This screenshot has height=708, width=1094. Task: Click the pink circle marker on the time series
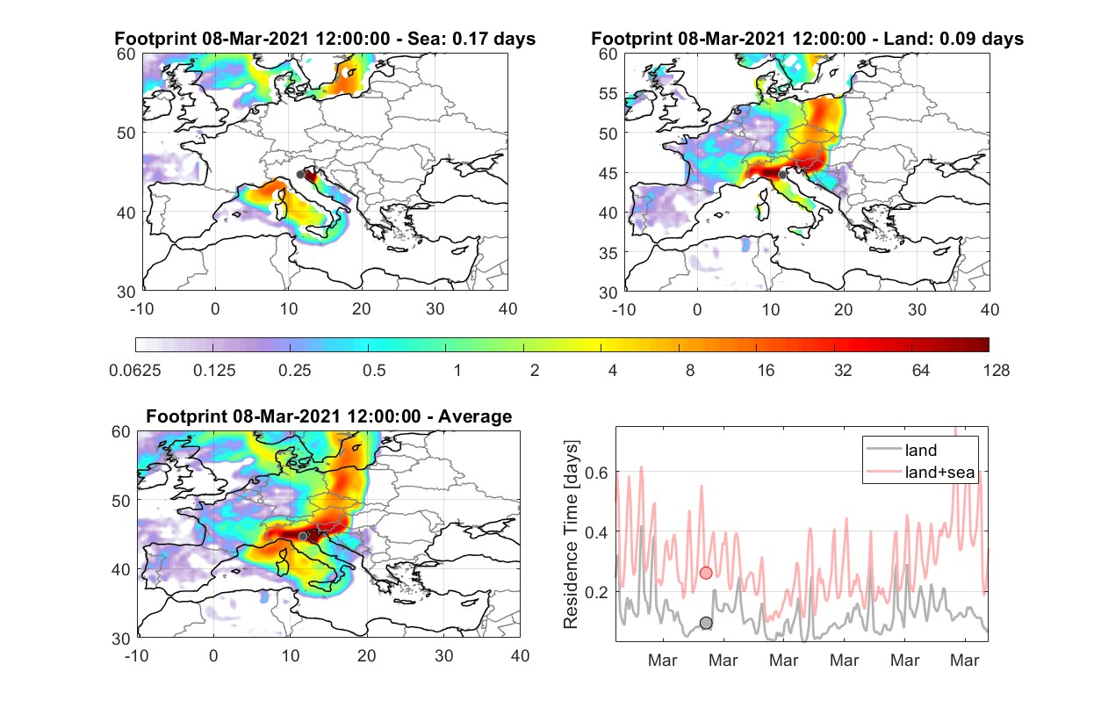pos(706,573)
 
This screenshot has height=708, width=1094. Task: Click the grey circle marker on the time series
pos(706,623)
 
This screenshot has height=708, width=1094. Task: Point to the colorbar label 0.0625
pos(135,371)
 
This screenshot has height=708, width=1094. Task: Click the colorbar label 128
pos(996,371)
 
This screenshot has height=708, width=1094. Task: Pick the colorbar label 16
pos(766,371)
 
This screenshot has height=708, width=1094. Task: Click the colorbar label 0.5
pos(374,371)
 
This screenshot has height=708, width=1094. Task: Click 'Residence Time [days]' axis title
pos(570,534)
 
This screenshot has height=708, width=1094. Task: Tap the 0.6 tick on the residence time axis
pos(596,473)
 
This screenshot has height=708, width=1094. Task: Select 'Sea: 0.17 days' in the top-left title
pos(471,39)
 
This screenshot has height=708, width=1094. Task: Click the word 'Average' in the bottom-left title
pos(475,416)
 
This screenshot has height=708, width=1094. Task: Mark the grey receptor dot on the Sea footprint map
pos(300,175)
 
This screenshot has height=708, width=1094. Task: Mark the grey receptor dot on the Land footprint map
pos(782,175)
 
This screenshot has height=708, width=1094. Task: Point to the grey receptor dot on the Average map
pos(303,536)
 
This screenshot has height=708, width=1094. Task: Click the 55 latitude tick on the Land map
pos(608,93)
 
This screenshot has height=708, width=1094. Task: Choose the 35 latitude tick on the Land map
pos(608,253)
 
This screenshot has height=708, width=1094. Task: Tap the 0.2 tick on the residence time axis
pos(596,592)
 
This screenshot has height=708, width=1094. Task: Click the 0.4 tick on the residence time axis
pos(596,532)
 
